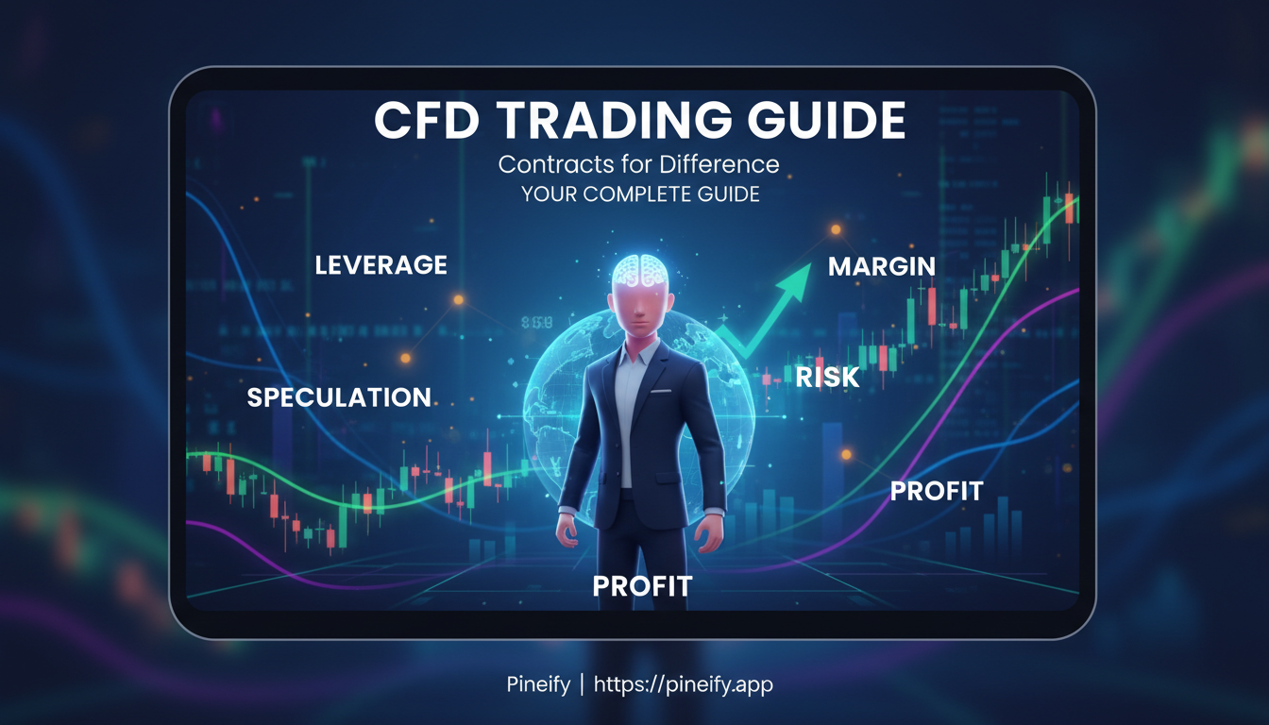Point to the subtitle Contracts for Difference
(638, 164)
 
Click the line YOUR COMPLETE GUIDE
(640, 195)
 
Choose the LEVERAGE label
(381, 265)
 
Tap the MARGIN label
(881, 267)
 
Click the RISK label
(827, 378)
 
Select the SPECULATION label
(339, 397)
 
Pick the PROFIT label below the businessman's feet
(642, 586)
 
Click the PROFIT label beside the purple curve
(937, 491)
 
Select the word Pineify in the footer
(537, 684)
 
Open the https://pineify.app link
(683, 684)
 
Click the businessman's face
(641, 312)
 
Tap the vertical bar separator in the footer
(581, 684)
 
